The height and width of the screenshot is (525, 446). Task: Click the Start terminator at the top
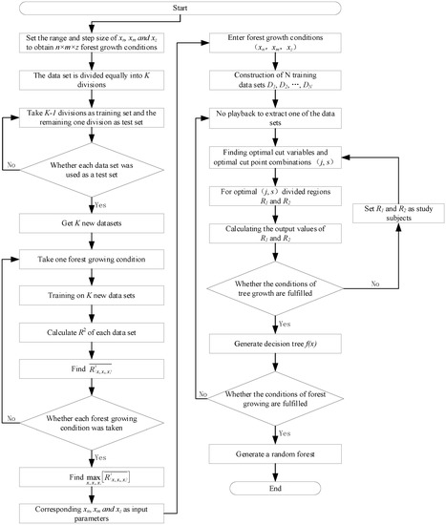[223, 11]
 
